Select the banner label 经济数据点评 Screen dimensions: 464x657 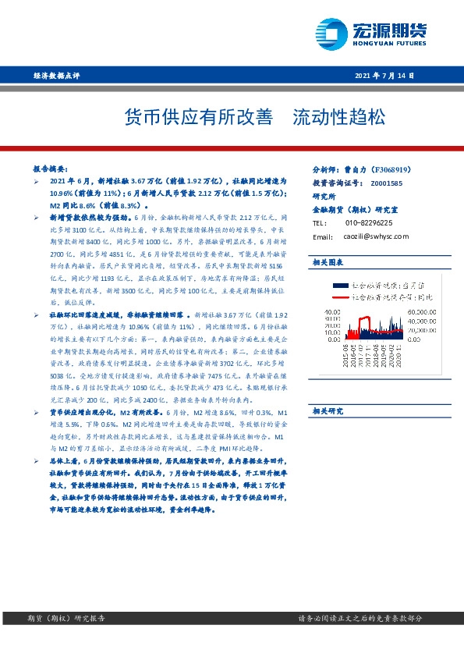[57, 76]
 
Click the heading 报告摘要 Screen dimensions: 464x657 [53, 169]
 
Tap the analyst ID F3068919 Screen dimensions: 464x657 [397, 169]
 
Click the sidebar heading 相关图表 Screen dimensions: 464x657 [328, 261]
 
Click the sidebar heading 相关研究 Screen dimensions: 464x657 [328, 410]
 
